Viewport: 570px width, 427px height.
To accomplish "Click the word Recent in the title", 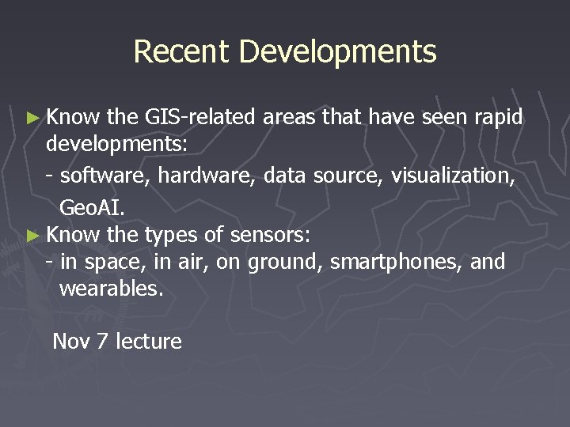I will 181,51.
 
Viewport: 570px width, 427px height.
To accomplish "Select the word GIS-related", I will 200,118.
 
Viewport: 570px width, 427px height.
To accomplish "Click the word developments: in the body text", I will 116,145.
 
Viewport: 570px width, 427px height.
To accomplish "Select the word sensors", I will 272,235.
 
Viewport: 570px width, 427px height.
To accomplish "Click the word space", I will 111,262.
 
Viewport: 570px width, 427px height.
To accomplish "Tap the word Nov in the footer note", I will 70,342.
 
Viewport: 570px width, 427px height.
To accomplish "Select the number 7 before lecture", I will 102,342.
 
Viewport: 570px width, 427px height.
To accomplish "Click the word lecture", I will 149,342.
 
